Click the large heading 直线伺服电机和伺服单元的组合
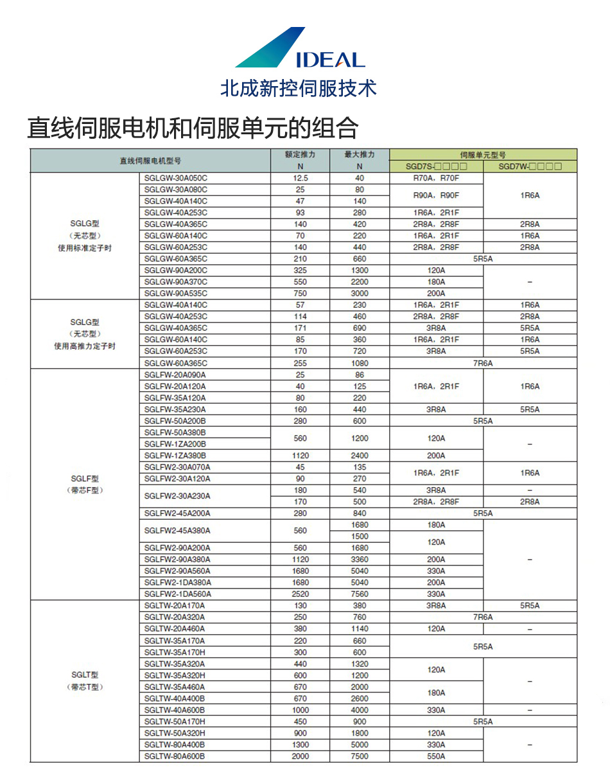(x=193, y=128)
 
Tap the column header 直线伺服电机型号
(x=150, y=161)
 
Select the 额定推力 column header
(x=300, y=155)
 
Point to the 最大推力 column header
(x=360, y=155)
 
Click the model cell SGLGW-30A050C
(x=177, y=178)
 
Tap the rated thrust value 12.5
(x=300, y=178)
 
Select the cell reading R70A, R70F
(x=436, y=178)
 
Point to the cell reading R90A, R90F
(x=436, y=195)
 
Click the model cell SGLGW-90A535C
(x=177, y=294)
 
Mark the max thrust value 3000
(x=360, y=294)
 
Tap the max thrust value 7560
(x=360, y=594)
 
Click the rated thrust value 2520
(x=300, y=594)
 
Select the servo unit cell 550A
(x=436, y=756)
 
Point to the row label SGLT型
(x=85, y=675)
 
